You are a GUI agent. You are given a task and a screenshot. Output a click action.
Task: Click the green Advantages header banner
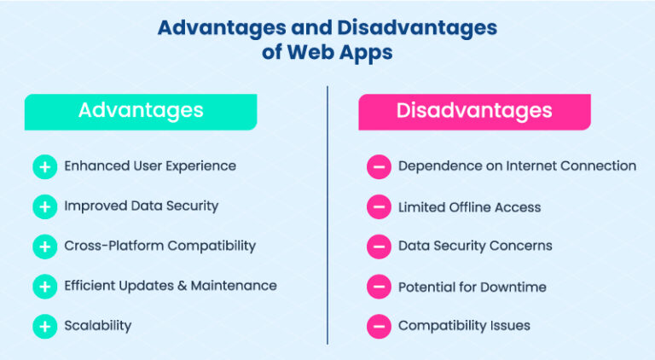(141, 112)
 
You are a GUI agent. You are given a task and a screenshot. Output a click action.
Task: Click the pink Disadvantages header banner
(474, 112)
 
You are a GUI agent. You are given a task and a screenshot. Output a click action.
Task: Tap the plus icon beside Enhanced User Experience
(44, 166)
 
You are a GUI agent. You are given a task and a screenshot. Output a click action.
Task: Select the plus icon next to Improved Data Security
(44, 206)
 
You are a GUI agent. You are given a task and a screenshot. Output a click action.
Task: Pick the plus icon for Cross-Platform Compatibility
(44, 247)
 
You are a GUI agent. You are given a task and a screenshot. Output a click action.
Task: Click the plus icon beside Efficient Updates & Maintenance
(44, 287)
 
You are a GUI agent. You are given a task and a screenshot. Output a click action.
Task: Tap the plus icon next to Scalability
(44, 326)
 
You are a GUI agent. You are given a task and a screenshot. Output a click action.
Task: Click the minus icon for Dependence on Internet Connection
(379, 166)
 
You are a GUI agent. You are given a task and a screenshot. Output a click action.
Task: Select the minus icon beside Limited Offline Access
(379, 206)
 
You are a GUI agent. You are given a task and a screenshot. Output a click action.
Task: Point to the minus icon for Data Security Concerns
(379, 247)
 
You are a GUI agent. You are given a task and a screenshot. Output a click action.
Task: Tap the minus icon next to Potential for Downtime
(379, 287)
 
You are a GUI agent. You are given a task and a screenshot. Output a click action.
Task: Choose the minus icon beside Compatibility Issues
(379, 326)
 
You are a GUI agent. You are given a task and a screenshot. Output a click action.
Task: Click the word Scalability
(98, 325)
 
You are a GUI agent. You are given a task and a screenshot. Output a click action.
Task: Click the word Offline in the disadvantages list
(474, 206)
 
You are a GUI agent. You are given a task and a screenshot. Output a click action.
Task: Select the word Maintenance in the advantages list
(235, 286)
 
